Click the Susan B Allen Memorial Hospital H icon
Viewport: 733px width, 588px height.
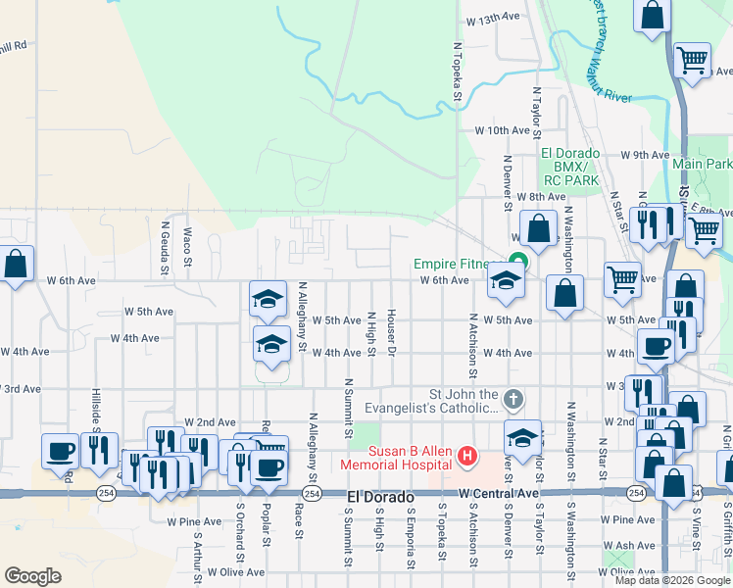pos(467,456)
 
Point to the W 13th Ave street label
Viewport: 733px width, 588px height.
pos(491,19)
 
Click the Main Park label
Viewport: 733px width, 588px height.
pos(702,163)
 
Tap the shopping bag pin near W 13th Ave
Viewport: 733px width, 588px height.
pos(652,17)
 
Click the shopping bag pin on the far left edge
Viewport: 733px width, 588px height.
pos(15,264)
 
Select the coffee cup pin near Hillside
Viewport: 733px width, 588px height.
pos(61,451)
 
